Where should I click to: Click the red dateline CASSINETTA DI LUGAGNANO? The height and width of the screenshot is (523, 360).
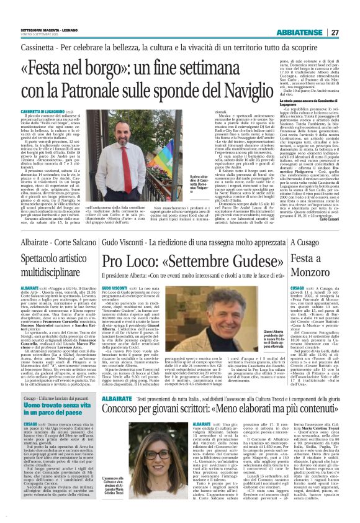[37, 109]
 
